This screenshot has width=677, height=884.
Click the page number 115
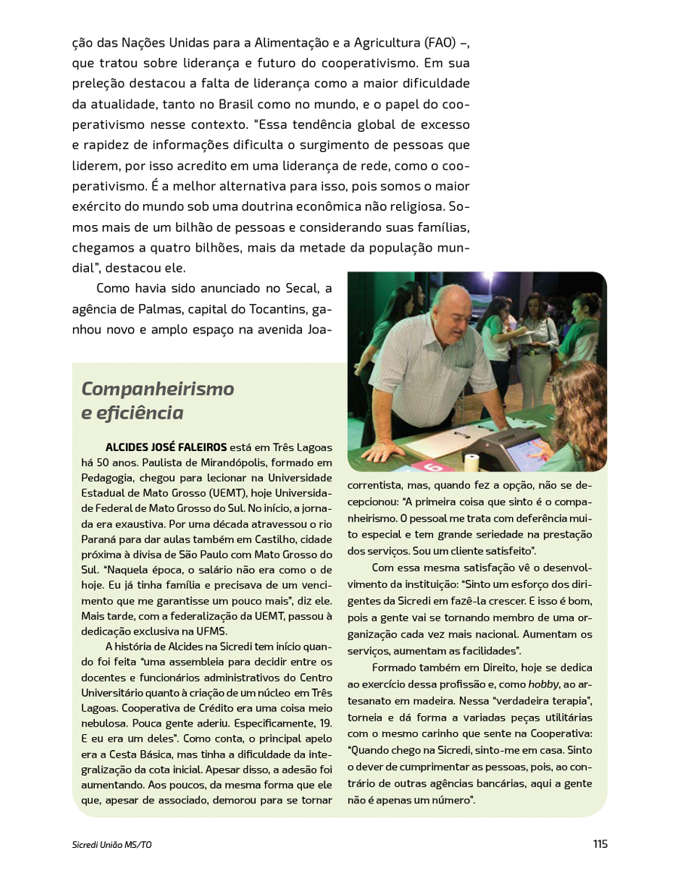coord(599,844)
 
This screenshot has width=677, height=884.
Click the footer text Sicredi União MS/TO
coord(111,845)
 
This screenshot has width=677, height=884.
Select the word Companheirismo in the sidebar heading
coord(157,389)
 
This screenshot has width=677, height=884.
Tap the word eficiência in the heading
coord(143,413)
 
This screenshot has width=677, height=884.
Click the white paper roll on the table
coord(472,461)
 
